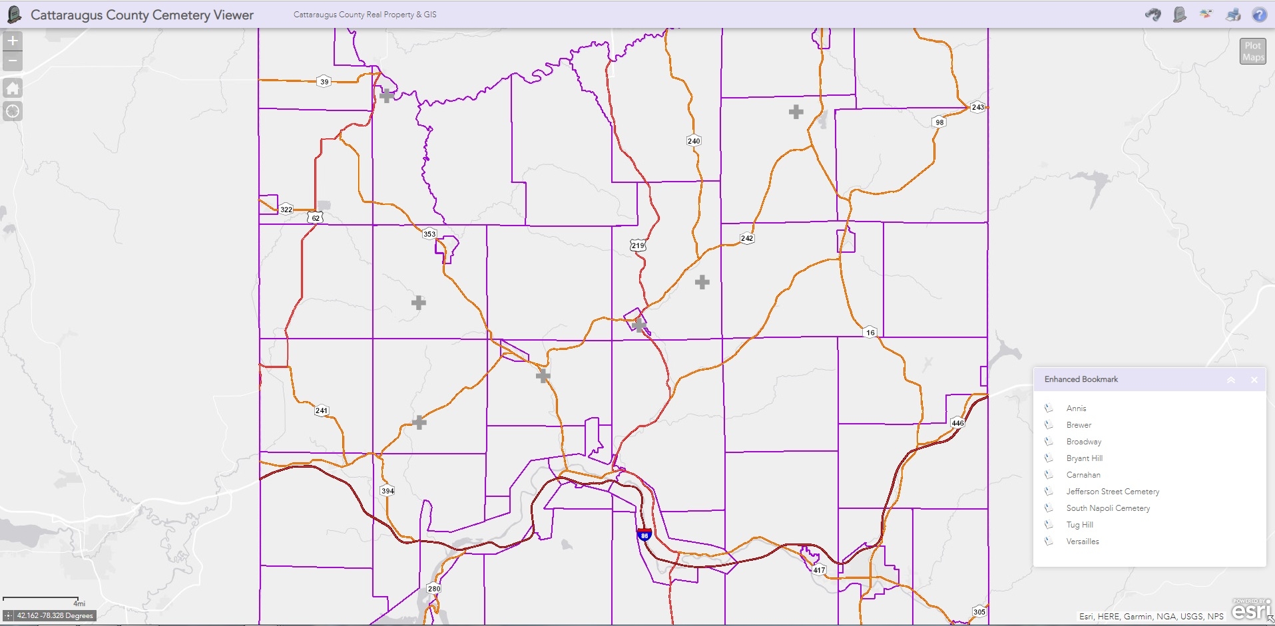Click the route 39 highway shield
(x=324, y=82)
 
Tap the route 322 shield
(x=286, y=209)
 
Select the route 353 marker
(x=429, y=234)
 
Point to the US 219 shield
(x=638, y=245)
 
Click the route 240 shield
(x=694, y=140)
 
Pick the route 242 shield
(x=747, y=238)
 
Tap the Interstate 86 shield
(x=644, y=535)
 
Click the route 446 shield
(x=957, y=423)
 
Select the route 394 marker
(x=387, y=491)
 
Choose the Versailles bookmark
(x=1083, y=542)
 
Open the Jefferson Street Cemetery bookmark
(x=1113, y=492)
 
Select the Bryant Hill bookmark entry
(x=1084, y=458)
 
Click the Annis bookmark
(x=1076, y=408)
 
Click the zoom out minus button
(x=13, y=61)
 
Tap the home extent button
(x=13, y=88)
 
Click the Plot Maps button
(x=1252, y=51)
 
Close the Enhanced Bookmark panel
(x=1254, y=380)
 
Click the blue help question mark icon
(x=1259, y=15)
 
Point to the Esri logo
(x=1250, y=610)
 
